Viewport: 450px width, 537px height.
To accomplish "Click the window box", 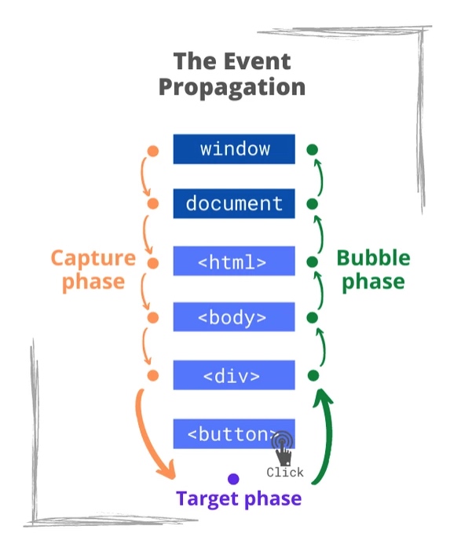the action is pos(234,149).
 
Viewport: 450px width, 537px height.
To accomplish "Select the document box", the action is pos(234,203).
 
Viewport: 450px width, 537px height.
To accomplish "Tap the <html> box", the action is pos(234,261).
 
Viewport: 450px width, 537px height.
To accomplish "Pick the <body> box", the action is pos(234,317).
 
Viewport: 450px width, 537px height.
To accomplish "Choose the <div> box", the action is pos(234,375).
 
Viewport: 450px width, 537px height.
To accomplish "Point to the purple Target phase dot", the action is pos(233,479).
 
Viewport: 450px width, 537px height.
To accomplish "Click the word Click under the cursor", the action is pos(285,473).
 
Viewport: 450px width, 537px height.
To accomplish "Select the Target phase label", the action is pos(239,499).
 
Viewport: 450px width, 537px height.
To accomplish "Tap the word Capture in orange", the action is pos(93,258).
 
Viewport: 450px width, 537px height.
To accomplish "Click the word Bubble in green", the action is pos(373,258).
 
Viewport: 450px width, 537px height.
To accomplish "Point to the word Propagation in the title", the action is pos(232,88).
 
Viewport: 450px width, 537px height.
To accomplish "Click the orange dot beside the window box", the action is pos(152,151).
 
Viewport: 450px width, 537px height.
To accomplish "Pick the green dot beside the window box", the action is pos(312,150).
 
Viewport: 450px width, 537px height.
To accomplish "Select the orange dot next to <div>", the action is pos(152,375).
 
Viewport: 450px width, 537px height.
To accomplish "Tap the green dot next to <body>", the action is pos(312,318).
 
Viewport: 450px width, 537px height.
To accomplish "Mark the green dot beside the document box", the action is pos(312,204).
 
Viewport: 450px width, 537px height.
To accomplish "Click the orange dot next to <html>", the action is pos(152,263).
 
